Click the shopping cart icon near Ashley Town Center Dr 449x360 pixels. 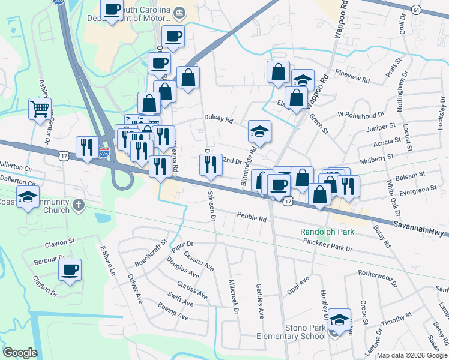40,109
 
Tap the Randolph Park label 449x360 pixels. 328,232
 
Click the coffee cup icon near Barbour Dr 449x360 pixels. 70,269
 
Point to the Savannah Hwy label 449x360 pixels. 420,224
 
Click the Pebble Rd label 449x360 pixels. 252,218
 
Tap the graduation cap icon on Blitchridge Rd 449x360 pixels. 260,131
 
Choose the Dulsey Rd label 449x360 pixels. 218,119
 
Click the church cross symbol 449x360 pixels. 78,206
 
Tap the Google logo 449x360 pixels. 20,353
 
